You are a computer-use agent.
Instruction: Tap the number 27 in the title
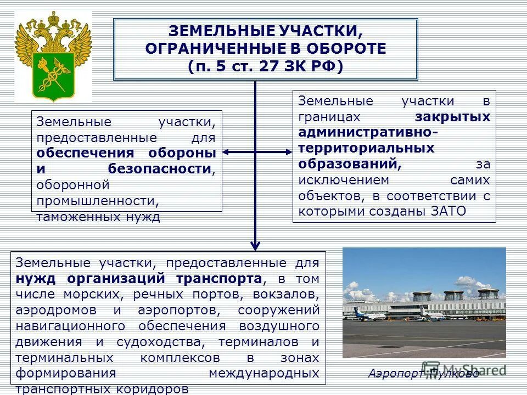[271, 67]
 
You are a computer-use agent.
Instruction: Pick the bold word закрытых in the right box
[452, 117]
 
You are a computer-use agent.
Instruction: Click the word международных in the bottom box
[264, 374]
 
